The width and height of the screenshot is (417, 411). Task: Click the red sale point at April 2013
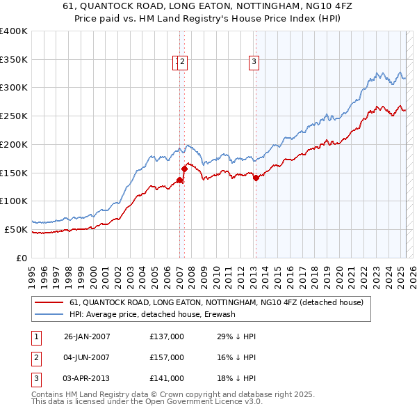pyautogui.click(x=256, y=178)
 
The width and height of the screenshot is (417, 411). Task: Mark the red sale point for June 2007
pyautogui.click(x=184, y=169)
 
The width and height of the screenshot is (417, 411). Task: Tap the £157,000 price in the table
pyautogui.click(x=167, y=357)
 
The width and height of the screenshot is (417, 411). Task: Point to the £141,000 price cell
pyautogui.click(x=167, y=378)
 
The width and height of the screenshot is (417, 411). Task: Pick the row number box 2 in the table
pyautogui.click(x=34, y=357)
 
